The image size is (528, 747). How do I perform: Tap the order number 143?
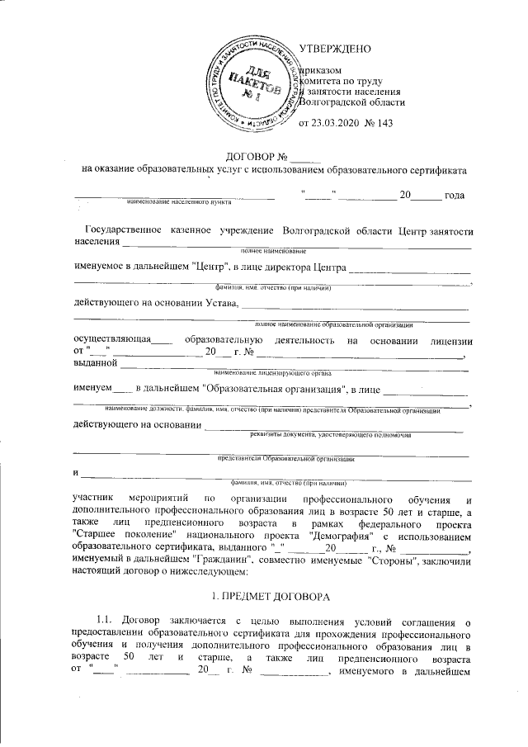384,124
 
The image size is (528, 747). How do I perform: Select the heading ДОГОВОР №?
255,158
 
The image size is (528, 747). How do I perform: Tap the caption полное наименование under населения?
273,250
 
